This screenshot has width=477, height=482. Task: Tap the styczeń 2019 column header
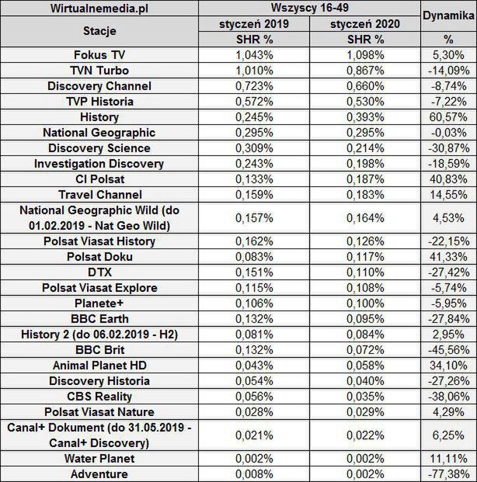click(253, 24)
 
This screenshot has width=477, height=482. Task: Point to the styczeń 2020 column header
click(365, 24)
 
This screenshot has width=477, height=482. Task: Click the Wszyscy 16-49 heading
click(309, 9)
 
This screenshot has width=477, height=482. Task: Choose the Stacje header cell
click(99, 32)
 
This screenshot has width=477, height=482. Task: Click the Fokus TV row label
click(99, 55)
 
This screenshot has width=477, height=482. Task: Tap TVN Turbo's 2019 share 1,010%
click(253, 71)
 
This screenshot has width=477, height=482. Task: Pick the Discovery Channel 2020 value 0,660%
click(365, 86)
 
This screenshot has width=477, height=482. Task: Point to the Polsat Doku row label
click(99, 256)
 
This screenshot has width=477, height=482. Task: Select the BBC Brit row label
click(99, 349)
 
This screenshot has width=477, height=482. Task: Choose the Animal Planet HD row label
click(99, 365)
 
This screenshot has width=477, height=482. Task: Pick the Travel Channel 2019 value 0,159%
click(253, 194)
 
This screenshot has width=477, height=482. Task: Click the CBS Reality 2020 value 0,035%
click(365, 396)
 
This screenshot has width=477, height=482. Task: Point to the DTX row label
click(99, 272)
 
